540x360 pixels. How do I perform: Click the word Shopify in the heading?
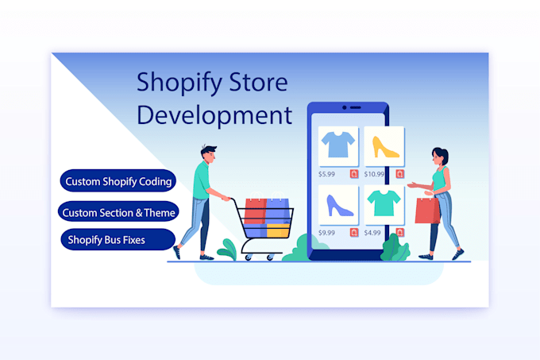point(179,83)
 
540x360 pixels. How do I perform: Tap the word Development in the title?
point(214,114)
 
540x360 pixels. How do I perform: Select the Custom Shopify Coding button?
point(118,180)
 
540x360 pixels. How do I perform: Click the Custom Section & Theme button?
point(118,211)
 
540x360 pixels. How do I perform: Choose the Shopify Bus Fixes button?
point(118,239)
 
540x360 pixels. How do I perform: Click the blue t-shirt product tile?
point(338,146)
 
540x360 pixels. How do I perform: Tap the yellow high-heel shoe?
point(384,147)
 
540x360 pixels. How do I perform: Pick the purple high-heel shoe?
point(339,206)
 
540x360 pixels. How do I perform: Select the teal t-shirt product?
point(384,204)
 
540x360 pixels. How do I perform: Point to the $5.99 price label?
point(326,174)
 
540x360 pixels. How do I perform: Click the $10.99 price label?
point(374,174)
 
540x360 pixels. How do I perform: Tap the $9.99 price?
point(326,233)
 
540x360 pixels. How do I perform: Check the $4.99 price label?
point(372,233)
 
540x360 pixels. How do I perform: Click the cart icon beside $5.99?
point(354,174)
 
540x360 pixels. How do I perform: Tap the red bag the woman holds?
point(427,210)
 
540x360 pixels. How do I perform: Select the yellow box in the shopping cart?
point(278,230)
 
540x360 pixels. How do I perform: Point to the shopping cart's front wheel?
point(270,257)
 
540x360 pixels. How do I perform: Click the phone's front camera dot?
point(344,108)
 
